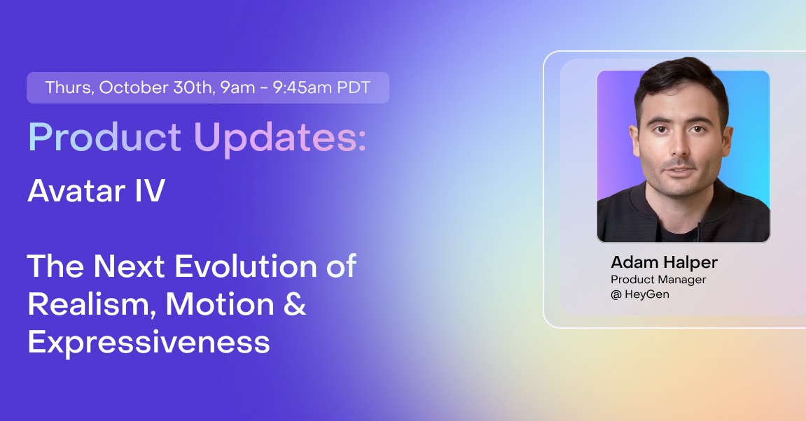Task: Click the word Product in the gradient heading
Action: [104, 137]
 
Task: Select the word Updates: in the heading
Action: [280, 137]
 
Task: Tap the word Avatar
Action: [76, 190]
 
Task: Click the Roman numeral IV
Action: [150, 190]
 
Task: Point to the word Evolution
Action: [246, 266]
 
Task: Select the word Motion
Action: [220, 304]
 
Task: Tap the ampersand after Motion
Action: [295, 304]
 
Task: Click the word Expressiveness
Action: [149, 343]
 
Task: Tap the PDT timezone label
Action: [354, 87]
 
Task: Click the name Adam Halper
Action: [664, 262]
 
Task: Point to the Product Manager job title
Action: [658, 280]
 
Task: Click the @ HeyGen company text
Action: [640, 294]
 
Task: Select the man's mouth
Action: [679, 170]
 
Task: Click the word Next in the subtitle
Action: [129, 266]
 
